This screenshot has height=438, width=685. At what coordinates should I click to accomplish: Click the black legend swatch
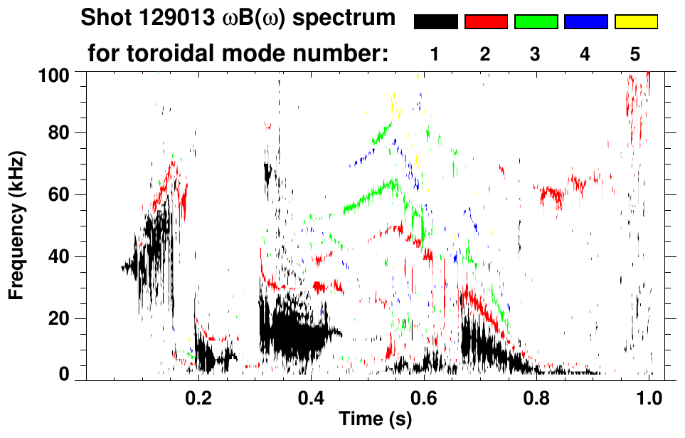pyautogui.click(x=436, y=22)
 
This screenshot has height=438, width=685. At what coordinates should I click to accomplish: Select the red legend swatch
pyautogui.click(x=486, y=22)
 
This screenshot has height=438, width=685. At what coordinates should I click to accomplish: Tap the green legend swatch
pyautogui.click(x=536, y=22)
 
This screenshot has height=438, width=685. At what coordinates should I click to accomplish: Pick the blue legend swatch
pyautogui.click(x=585, y=22)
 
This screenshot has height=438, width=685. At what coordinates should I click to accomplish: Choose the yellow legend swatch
pyautogui.click(x=636, y=22)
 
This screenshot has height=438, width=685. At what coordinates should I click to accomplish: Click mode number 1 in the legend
pyautogui.click(x=435, y=53)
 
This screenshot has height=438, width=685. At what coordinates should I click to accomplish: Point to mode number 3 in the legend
pyautogui.click(x=535, y=53)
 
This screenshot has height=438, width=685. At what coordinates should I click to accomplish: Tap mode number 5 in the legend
pyautogui.click(x=635, y=53)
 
